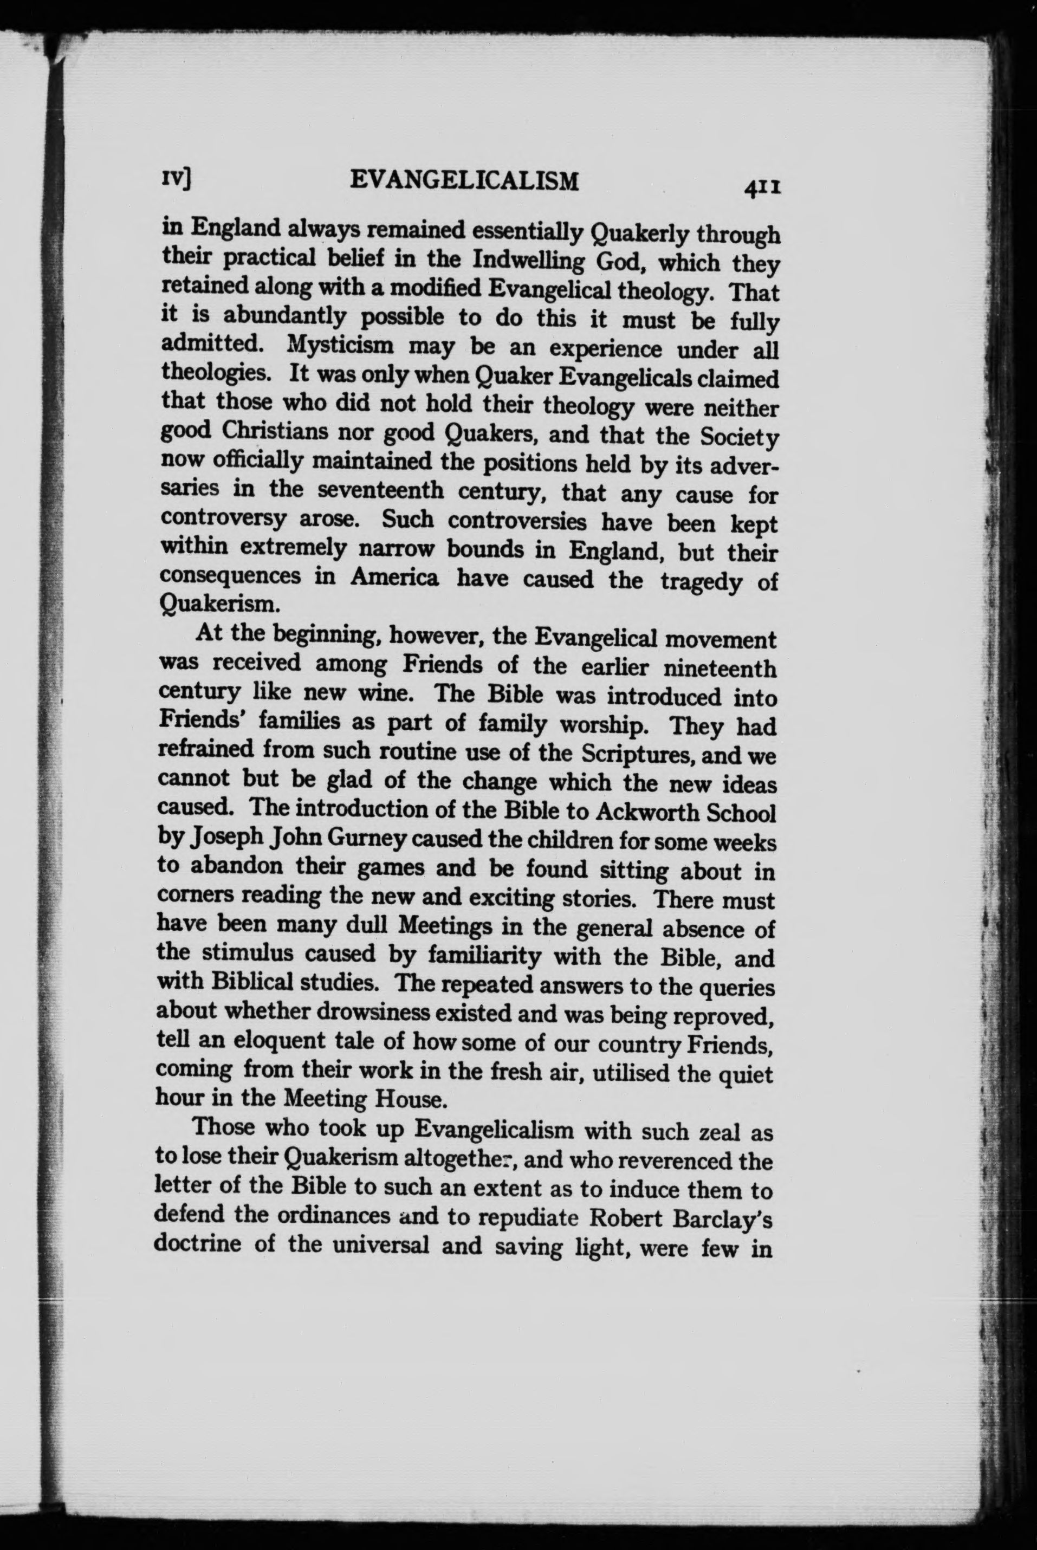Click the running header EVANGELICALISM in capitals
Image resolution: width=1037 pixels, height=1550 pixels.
464,180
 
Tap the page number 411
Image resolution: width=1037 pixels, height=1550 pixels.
762,189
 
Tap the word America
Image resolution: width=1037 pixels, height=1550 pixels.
394,578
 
